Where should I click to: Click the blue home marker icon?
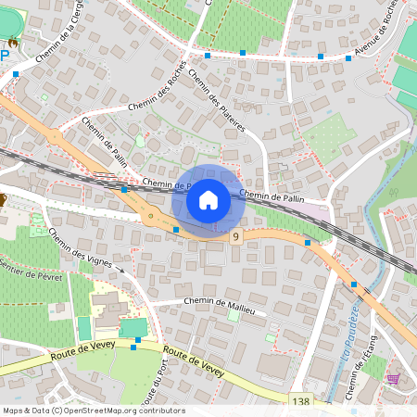click(x=208, y=200)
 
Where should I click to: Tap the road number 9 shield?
click(x=237, y=238)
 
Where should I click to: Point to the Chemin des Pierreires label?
click(x=216, y=100)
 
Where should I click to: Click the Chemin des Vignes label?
click(x=81, y=248)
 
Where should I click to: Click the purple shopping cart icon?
click(x=393, y=378)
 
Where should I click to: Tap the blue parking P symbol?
click(x=5, y=56)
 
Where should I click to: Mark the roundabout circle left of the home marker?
click(x=150, y=218)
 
